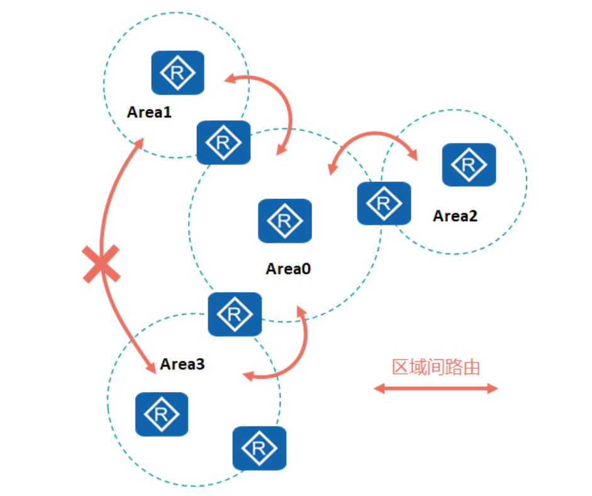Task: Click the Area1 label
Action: click(x=149, y=113)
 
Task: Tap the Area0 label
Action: click(x=288, y=269)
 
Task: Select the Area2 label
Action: click(x=455, y=216)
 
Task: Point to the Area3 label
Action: click(x=182, y=364)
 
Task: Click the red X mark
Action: click(x=101, y=264)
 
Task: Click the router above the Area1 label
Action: click(x=177, y=73)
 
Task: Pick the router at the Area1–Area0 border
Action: click(x=223, y=142)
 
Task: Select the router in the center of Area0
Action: click(x=285, y=221)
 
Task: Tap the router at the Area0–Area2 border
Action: click(x=384, y=203)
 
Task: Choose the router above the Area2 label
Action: click(x=469, y=165)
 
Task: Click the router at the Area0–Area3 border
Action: click(x=235, y=313)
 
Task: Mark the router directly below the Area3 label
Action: click(x=162, y=414)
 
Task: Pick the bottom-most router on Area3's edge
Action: click(x=259, y=448)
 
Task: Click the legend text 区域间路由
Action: click(x=436, y=367)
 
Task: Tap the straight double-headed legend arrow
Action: click(x=436, y=388)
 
